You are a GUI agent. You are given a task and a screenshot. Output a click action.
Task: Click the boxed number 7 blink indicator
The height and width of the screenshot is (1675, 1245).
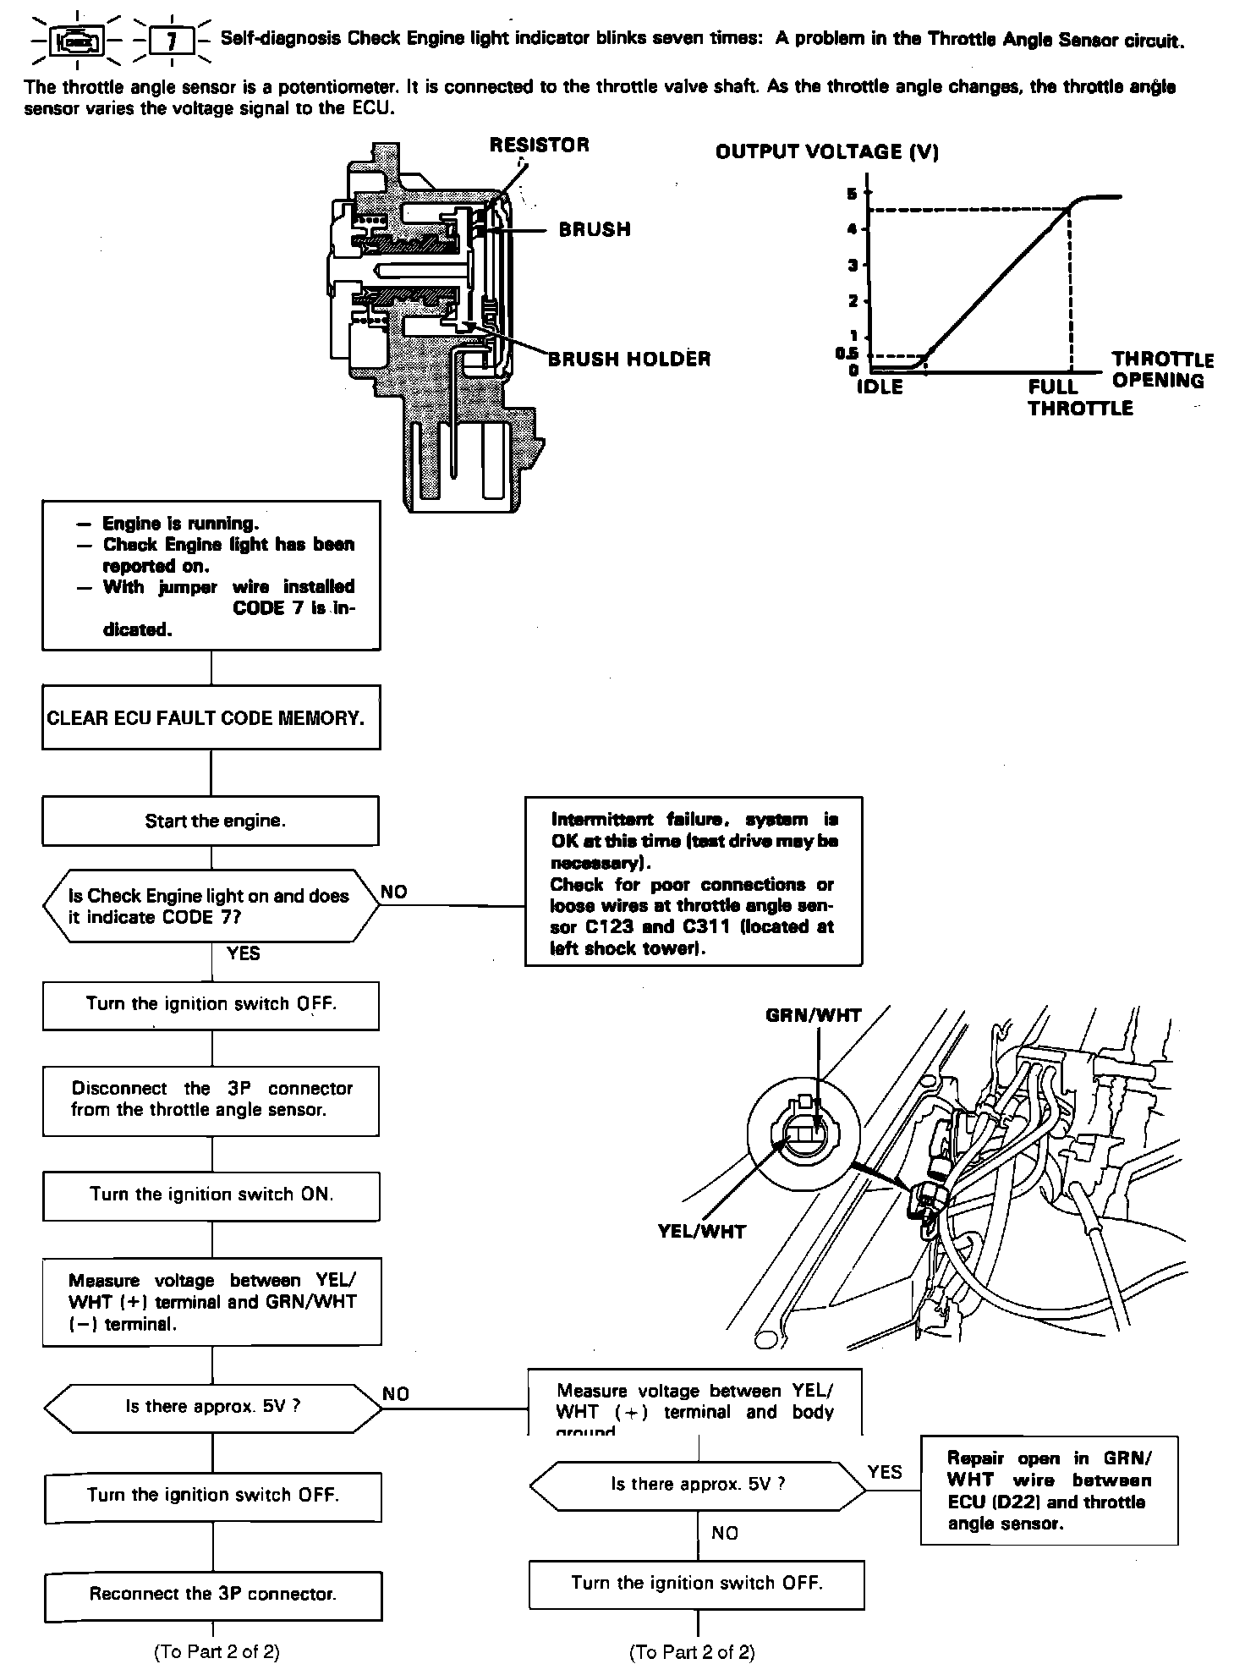pos(172,41)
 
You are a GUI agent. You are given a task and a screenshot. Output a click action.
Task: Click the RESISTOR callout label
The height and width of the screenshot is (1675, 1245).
pos(539,145)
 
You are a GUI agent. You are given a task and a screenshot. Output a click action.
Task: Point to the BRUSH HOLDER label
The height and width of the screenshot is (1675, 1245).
pos(629,359)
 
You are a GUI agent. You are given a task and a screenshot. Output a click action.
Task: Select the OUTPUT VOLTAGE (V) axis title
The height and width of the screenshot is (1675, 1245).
pos(826,152)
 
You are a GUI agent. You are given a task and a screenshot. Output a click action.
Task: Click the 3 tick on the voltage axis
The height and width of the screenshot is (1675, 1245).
pos(853,266)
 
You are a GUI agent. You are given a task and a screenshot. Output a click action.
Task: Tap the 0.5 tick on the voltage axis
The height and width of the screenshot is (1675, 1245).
pos(847,354)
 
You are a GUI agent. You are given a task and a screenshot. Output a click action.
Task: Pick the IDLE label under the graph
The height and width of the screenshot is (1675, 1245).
pos(880,387)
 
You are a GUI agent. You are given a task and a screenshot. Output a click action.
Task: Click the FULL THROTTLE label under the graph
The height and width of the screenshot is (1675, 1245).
pos(1079,398)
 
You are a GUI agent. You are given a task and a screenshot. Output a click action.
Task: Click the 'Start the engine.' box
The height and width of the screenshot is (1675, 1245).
pos(211,821)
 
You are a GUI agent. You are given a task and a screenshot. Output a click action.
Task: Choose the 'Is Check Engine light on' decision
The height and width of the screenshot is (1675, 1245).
pos(211,906)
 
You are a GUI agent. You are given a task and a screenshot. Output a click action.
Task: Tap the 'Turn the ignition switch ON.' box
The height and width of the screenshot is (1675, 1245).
pos(211,1194)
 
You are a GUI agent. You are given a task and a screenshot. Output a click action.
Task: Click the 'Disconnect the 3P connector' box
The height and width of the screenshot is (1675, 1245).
pos(211,1099)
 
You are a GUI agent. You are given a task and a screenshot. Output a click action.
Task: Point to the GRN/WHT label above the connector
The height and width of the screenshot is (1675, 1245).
pos(813,1016)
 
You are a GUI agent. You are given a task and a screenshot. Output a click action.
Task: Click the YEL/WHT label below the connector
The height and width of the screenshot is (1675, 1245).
pos(701,1232)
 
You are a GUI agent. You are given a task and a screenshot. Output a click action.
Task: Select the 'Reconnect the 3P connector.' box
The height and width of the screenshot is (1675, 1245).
pos(212,1594)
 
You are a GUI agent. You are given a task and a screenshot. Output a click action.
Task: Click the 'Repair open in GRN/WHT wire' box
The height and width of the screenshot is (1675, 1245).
pos(1049,1490)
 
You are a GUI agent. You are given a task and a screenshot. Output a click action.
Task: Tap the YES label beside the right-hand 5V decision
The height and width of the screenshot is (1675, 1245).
pos(885,1472)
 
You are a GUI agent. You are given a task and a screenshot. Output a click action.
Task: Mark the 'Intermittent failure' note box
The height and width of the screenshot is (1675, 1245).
pos(694,881)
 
